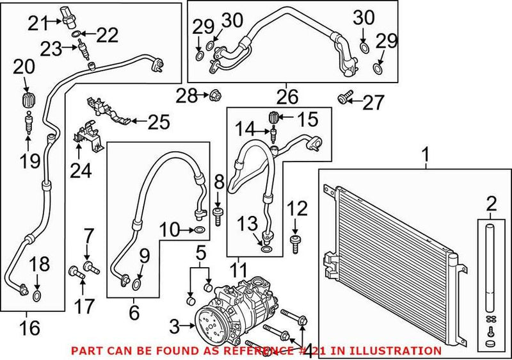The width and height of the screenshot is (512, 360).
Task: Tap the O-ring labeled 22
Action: click(x=76, y=33)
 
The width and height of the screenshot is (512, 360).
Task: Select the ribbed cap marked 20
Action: click(x=28, y=101)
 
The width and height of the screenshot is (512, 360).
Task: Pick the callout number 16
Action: click(x=29, y=328)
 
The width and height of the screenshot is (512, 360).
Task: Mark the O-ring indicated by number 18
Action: click(x=38, y=295)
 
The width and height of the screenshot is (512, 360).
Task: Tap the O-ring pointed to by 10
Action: click(x=200, y=229)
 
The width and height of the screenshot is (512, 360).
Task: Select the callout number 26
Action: click(x=287, y=97)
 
